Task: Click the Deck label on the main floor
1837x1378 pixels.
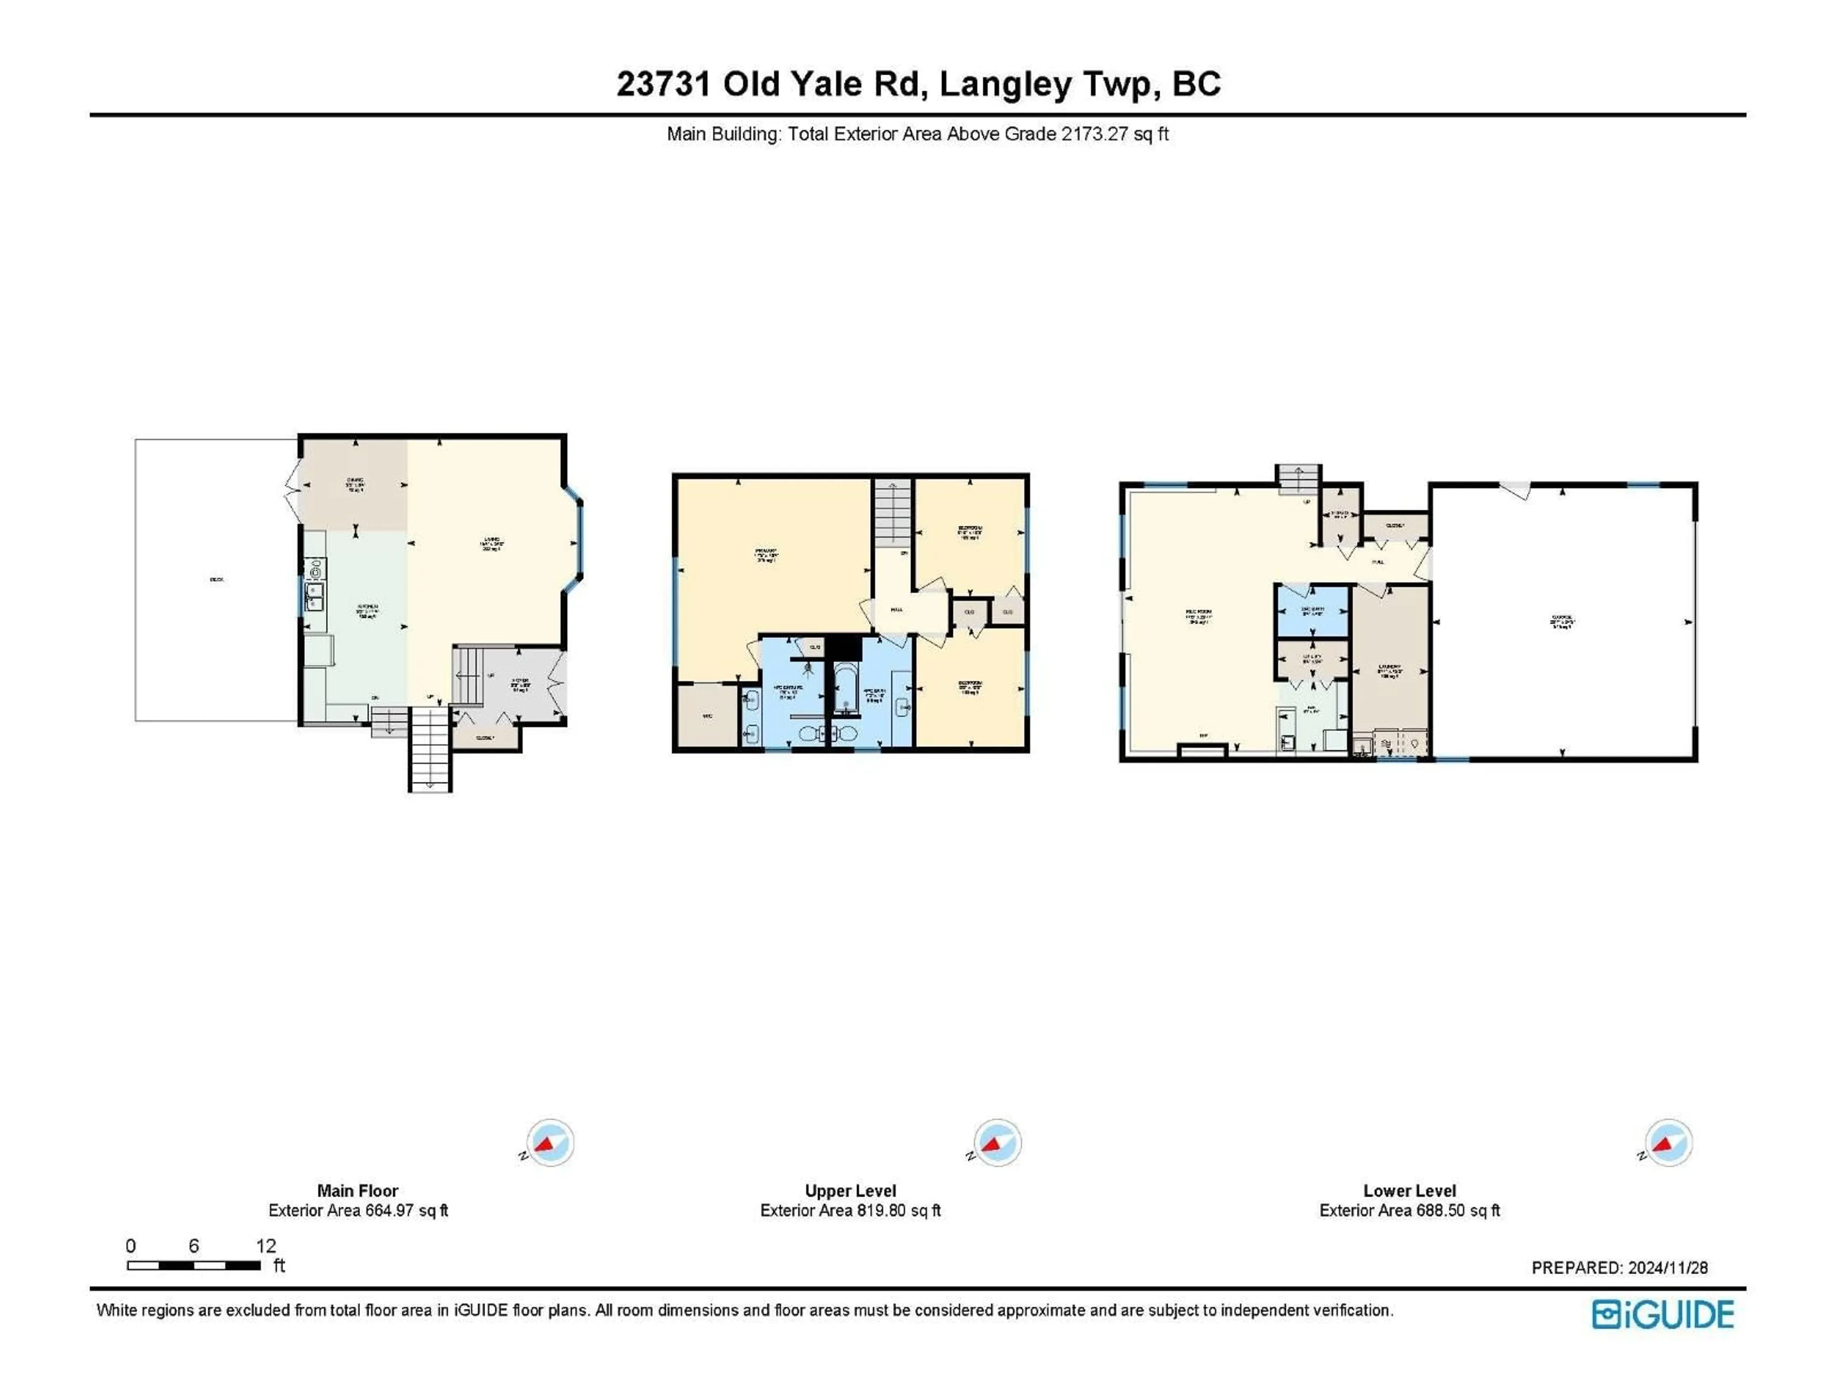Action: [217, 579]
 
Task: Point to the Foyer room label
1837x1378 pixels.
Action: [520, 684]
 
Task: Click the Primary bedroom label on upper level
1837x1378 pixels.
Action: [766, 555]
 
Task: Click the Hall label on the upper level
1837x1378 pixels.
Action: [897, 610]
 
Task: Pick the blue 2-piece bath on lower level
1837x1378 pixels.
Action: [1312, 611]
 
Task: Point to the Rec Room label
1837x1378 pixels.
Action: [1198, 615]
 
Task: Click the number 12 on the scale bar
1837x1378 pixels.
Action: [266, 1245]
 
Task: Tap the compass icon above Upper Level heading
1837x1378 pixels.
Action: [996, 1143]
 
